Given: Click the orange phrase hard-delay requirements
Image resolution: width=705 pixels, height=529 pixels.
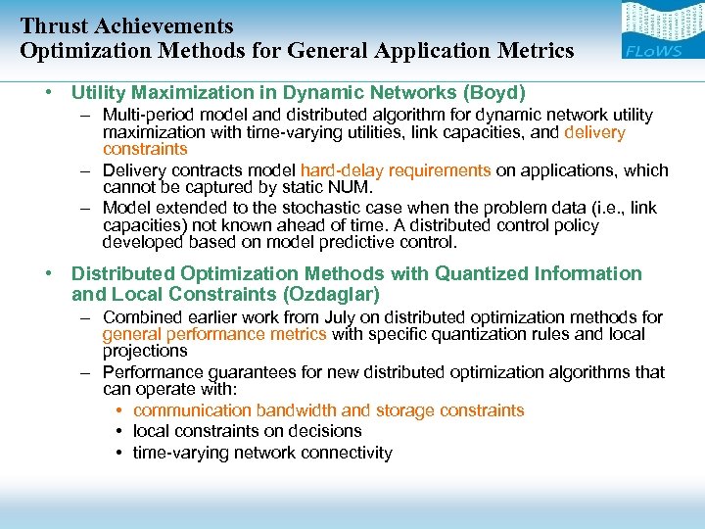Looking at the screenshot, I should tap(396, 170).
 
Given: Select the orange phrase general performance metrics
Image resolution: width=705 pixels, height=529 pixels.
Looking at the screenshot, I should tap(214, 334).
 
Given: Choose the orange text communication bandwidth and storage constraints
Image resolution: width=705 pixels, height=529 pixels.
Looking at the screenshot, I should tap(329, 410).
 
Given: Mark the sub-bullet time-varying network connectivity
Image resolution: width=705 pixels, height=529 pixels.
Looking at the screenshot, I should tap(262, 453).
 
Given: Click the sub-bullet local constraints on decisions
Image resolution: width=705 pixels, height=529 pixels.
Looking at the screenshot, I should tap(248, 431).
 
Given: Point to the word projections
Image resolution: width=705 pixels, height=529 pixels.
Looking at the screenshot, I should tap(145, 351).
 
